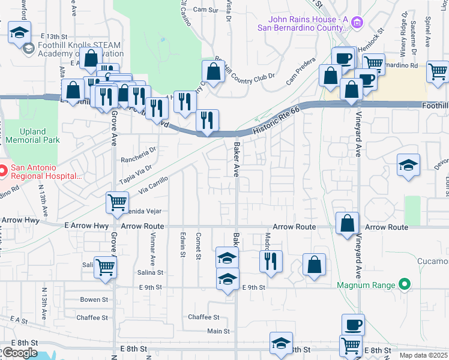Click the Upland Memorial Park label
[x=32, y=136]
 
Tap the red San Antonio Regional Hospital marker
[x=2, y=172]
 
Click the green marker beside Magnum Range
[x=405, y=284]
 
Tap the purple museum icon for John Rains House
[x=358, y=23]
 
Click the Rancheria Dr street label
[x=138, y=151]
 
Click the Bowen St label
[x=94, y=299]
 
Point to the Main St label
[x=218, y=331]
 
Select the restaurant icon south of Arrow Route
[x=271, y=261]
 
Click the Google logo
[x=19, y=353]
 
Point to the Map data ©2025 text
[x=424, y=355]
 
